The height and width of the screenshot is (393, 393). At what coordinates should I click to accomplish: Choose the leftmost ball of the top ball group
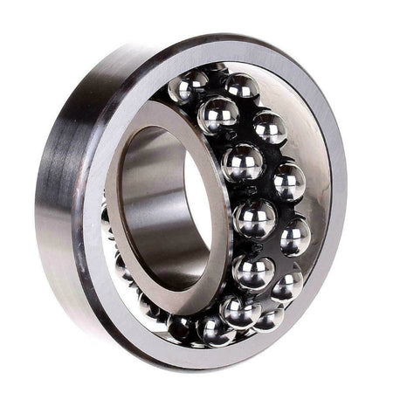coord(185,89)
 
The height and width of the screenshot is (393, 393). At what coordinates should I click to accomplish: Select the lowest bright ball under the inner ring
coord(210,328)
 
